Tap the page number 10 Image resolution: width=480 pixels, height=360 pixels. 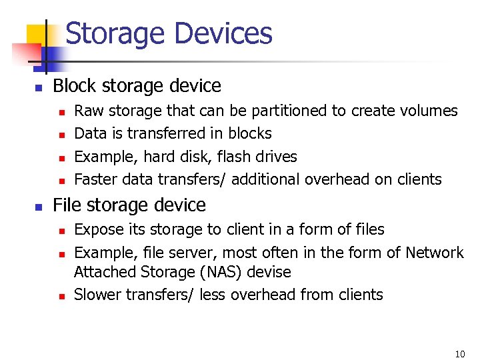[459, 354]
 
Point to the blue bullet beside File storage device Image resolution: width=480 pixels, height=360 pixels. [39, 207]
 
